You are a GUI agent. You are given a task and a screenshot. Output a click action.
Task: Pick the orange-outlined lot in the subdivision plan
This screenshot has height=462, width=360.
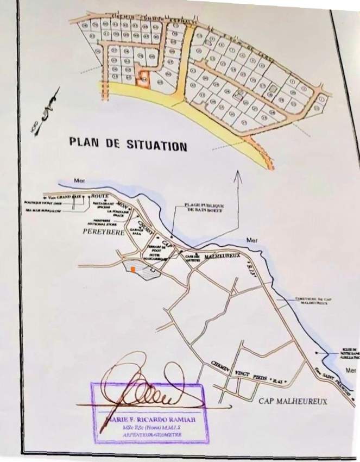click(143, 80)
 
